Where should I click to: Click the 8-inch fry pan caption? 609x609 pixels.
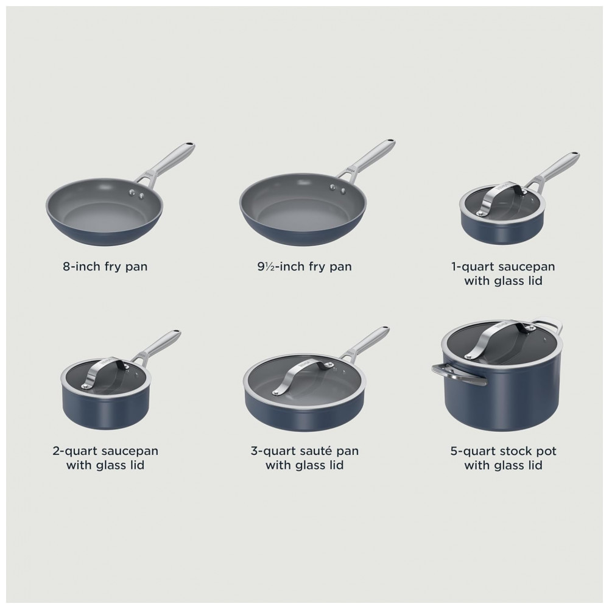tap(105, 267)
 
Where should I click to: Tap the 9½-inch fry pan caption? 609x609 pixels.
tap(304, 267)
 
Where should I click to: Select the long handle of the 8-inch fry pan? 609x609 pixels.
tap(165, 163)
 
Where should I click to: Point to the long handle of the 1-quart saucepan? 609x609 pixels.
tap(555, 168)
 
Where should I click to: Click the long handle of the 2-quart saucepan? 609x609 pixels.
tap(157, 346)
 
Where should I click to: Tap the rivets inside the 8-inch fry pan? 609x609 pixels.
tap(136, 193)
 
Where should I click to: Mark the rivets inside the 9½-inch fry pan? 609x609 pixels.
tap(338, 188)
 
